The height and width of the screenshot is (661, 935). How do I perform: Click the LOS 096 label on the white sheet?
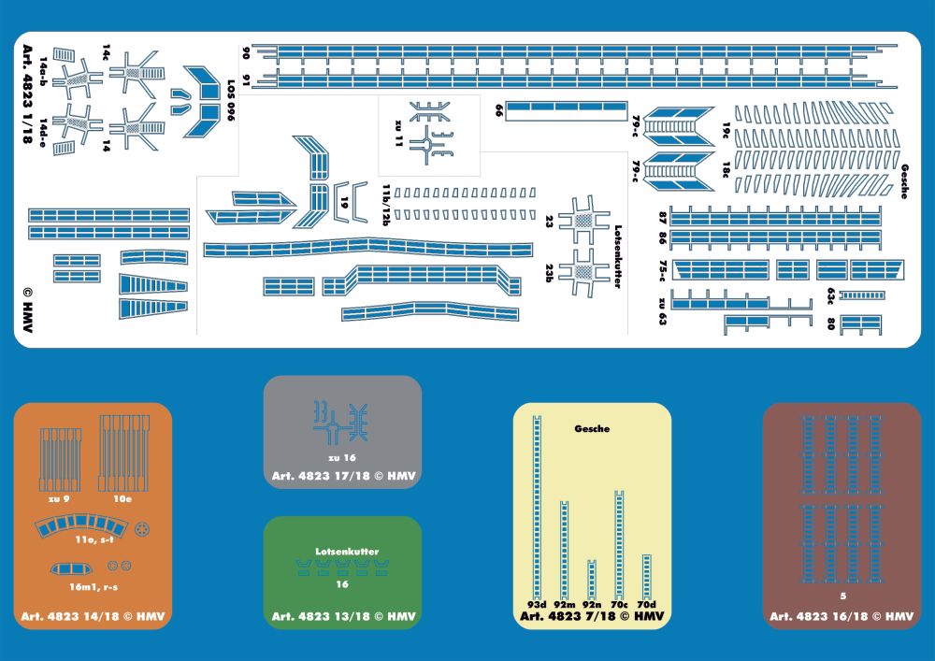tap(228, 107)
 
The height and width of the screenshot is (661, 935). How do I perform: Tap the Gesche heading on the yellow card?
tap(592, 429)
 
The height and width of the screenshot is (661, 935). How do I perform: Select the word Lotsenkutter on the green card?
tap(346, 552)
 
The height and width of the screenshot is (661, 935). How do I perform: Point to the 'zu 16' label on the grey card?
tap(343, 458)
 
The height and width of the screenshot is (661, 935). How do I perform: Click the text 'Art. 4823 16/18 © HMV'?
tap(841, 616)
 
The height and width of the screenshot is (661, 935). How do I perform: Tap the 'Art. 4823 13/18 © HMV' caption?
tap(343, 617)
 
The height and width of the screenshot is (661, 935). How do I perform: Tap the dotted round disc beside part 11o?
tap(142, 530)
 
